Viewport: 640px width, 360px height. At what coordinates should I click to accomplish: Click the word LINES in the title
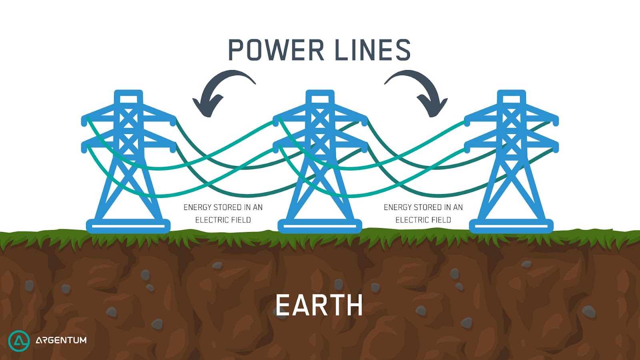click(372, 50)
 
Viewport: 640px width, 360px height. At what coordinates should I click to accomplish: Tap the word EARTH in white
click(319, 306)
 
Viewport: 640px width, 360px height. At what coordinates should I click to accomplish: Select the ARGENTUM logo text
click(61, 340)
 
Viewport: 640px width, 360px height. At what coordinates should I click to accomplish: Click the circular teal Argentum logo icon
click(19, 341)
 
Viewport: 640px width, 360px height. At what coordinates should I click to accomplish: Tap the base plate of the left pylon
click(128, 226)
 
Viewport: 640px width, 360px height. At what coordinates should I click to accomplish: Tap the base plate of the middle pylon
click(320, 226)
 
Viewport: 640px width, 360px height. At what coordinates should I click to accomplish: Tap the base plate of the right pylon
click(511, 226)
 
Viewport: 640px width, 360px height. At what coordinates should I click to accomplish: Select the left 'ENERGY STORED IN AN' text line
click(223, 207)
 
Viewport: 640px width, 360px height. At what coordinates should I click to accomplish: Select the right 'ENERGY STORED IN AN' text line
click(423, 207)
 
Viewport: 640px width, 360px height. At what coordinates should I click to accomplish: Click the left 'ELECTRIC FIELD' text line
click(223, 220)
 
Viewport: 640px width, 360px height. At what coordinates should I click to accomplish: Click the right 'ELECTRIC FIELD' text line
click(423, 220)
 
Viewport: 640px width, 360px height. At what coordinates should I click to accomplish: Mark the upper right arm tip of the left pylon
click(172, 120)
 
